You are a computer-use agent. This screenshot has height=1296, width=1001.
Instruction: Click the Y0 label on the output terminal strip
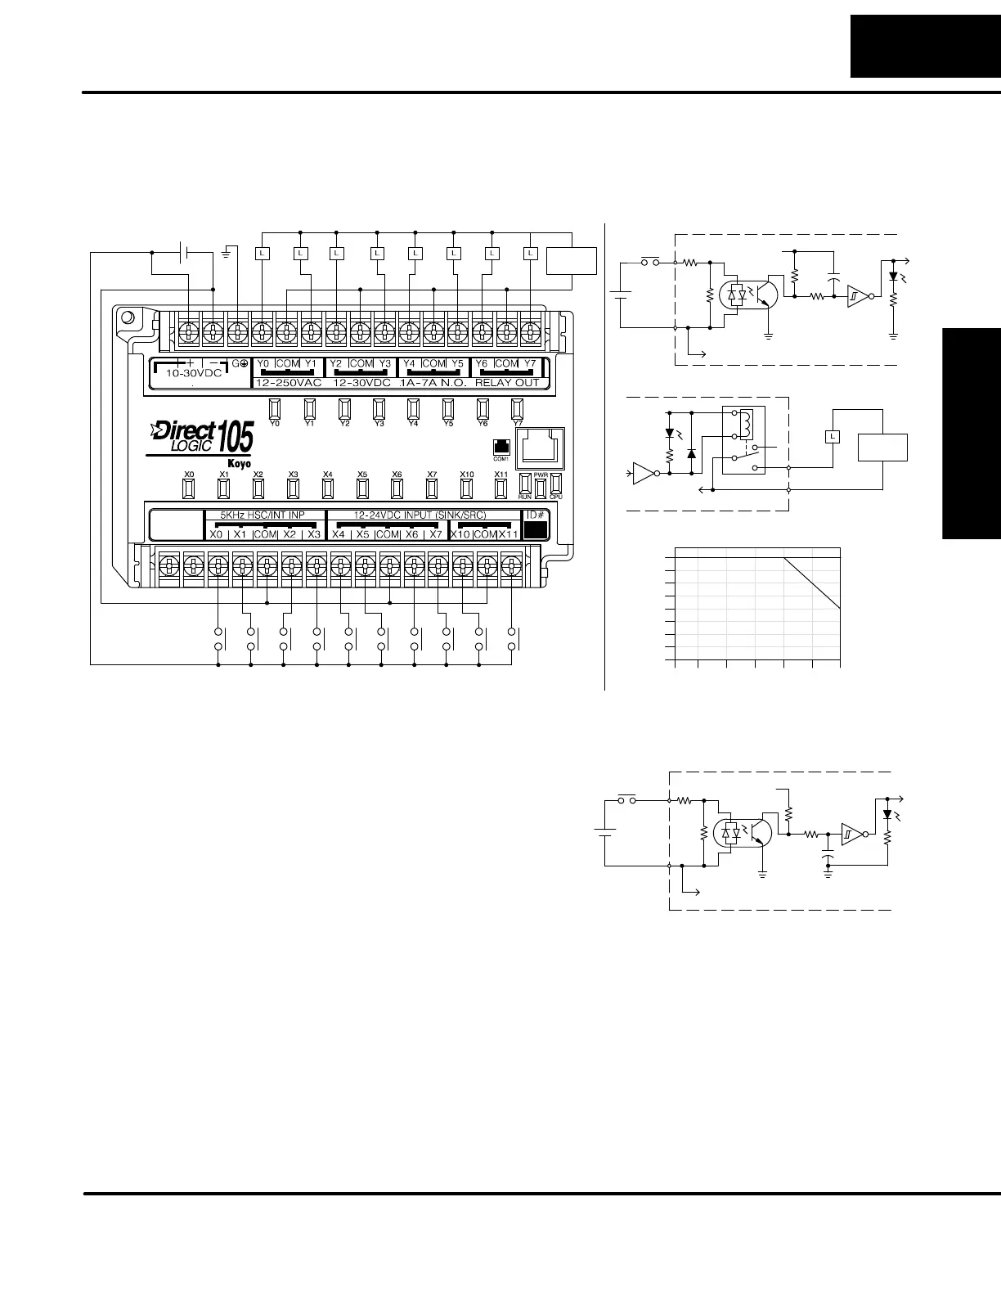point(263,363)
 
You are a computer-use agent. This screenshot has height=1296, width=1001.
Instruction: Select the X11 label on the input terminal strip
point(509,533)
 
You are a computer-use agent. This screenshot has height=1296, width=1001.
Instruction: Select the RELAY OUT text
point(507,382)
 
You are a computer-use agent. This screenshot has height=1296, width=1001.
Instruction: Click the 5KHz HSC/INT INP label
point(263,515)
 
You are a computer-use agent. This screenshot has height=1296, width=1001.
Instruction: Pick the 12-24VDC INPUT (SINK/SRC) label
point(420,515)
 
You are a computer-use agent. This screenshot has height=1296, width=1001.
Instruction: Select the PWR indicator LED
point(541,485)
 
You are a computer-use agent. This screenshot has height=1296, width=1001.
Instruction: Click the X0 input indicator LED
point(189,488)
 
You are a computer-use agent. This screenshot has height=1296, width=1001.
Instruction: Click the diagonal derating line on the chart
point(812,583)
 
